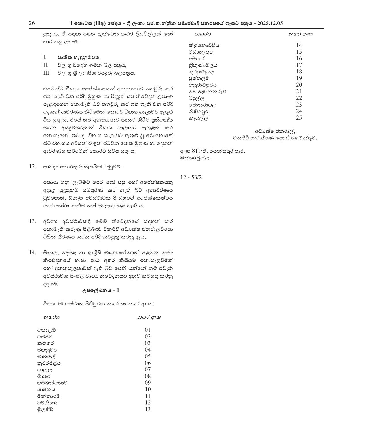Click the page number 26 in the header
(32, 23)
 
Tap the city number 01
(147, 330)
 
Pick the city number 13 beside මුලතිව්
(147, 409)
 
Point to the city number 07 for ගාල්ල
(147, 369)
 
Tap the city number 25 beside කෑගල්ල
(299, 117)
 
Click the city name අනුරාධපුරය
(203, 85)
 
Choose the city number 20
(299, 85)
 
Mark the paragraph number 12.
(32, 166)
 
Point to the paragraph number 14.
(32, 253)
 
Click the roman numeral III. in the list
(47, 73)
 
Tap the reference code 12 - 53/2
(191, 177)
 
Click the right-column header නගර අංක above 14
(301, 34)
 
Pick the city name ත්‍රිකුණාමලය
(203, 65)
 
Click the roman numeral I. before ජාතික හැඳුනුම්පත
(45, 57)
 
